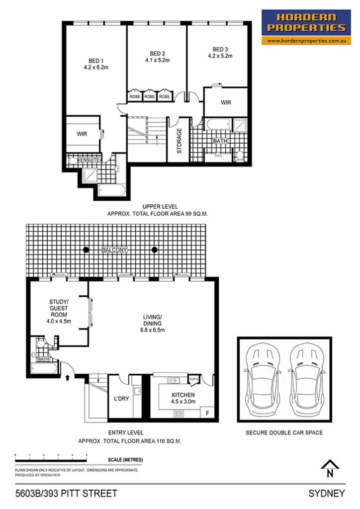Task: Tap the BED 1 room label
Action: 92,63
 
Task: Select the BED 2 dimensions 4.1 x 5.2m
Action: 158,61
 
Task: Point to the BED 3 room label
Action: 220,49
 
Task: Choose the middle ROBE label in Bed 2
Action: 150,96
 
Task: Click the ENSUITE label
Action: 90,160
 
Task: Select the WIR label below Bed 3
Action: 226,103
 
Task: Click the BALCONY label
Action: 115,251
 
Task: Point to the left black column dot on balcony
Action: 87,250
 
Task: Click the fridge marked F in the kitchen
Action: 206,413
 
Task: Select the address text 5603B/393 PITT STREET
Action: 66,494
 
